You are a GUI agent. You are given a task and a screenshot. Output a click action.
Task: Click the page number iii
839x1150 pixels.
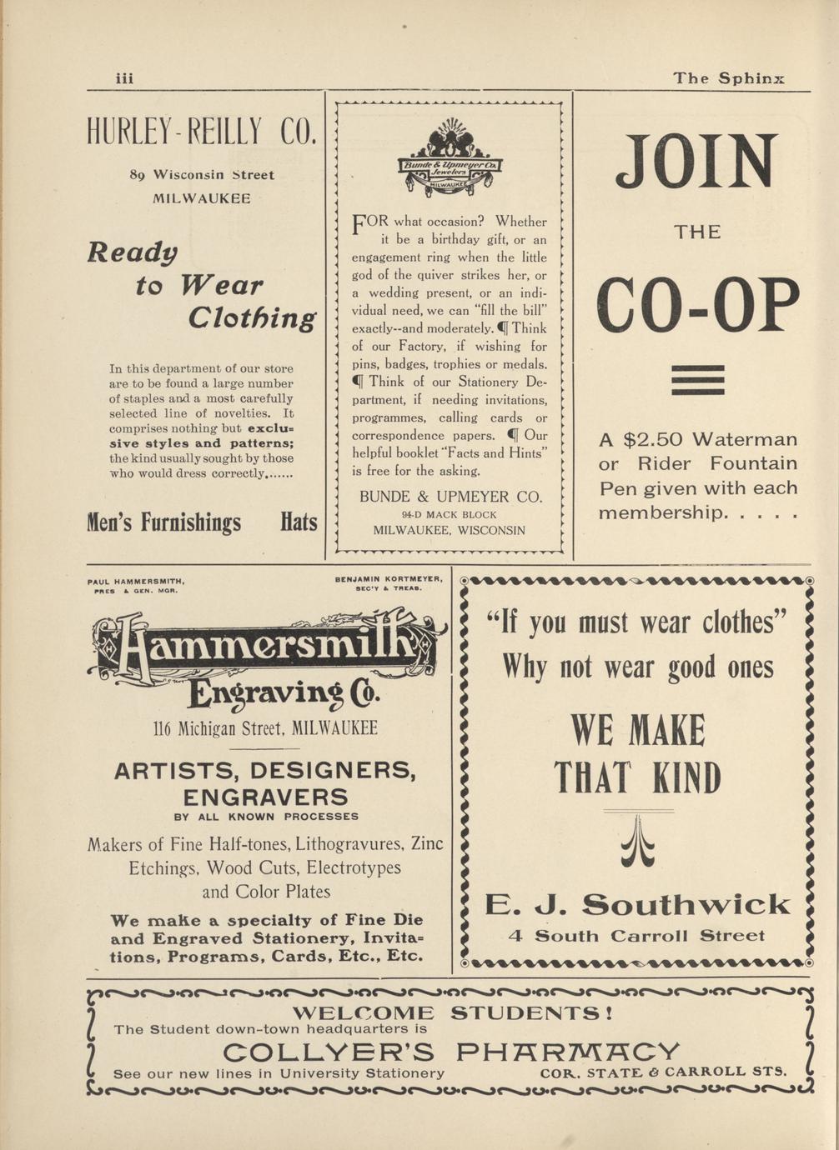pos(124,78)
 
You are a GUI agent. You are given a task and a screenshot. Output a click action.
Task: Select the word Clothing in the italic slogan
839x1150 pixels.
pos(252,317)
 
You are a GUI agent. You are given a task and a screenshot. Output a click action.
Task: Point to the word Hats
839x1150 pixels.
pos(299,522)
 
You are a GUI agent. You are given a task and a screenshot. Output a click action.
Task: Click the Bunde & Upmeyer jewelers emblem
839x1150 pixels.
pos(450,159)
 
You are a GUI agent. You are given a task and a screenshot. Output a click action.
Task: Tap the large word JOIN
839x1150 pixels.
pos(696,162)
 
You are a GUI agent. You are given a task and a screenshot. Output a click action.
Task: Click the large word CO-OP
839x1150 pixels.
pos(697,306)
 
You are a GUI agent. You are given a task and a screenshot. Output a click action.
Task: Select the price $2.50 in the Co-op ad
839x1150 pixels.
pos(653,439)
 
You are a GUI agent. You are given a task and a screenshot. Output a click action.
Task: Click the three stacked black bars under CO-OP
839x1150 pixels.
pos(697,380)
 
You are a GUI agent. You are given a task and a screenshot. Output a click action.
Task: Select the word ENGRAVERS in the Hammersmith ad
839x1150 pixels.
pos(265,796)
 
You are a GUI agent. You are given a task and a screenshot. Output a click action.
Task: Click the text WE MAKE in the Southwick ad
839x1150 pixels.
pos(638,731)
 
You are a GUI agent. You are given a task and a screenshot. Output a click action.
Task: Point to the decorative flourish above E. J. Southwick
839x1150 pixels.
pos(638,842)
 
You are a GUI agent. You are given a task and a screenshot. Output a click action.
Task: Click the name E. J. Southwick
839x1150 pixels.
pos(638,904)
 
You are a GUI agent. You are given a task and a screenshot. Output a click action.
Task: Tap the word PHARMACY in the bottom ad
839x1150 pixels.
pos(569,1051)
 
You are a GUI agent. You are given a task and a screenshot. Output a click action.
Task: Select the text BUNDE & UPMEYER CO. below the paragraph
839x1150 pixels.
pos(450,497)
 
